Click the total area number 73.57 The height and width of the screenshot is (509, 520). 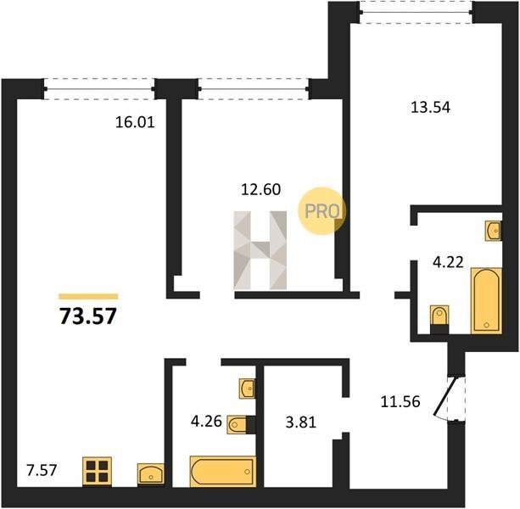[88, 316]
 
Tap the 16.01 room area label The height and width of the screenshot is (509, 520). [135, 122]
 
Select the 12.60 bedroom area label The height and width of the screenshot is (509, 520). [260, 189]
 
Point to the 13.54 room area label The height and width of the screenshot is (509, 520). [430, 108]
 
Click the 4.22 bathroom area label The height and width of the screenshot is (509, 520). [448, 263]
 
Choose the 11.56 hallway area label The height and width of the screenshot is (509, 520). [400, 401]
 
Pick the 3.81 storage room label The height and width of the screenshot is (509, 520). [301, 422]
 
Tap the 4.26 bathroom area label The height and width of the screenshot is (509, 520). [206, 421]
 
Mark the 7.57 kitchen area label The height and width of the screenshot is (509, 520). [42, 470]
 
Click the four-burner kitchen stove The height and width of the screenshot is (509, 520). [97, 471]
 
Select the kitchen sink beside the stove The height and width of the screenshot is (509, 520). [151, 473]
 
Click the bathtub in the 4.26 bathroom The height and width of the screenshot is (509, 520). [223, 472]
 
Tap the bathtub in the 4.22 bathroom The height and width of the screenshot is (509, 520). [486, 300]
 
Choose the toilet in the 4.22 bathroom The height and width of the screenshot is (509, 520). [439, 319]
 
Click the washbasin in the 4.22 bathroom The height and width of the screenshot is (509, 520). [494, 231]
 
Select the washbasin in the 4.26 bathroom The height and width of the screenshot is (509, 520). [248, 389]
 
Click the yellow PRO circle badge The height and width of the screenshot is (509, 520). [322, 211]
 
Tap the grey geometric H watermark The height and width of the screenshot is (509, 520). [260, 250]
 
